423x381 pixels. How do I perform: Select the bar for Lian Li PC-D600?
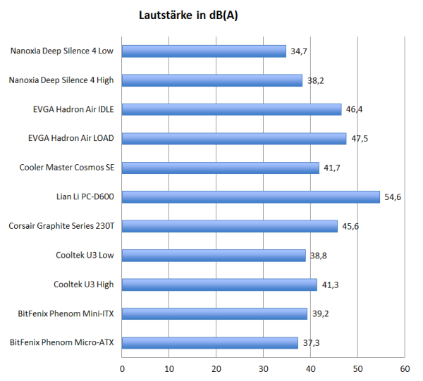pyautogui.click(x=251, y=197)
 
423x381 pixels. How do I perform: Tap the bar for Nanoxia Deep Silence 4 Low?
pyautogui.click(x=204, y=51)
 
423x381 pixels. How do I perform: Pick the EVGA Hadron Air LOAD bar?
pyautogui.click(x=234, y=139)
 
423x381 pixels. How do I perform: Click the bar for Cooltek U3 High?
pyautogui.click(x=219, y=285)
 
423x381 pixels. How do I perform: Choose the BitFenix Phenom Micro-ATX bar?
pyautogui.click(x=210, y=343)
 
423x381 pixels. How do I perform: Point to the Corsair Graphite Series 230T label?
pyautogui.click(x=61, y=226)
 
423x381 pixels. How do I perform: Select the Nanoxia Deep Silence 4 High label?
pyautogui.click(x=61, y=80)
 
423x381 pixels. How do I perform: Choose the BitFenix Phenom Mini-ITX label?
pyautogui.click(x=66, y=314)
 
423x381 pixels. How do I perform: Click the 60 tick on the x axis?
pyautogui.click(x=405, y=368)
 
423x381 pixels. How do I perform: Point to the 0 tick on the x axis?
pyautogui.click(x=123, y=368)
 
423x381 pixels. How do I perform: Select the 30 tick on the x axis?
pyautogui.click(x=264, y=368)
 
